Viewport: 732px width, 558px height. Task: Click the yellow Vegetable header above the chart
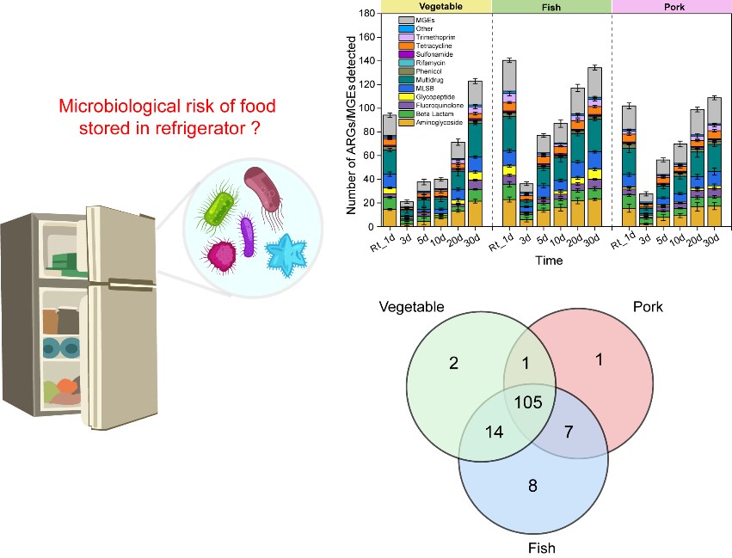[x=436, y=5]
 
